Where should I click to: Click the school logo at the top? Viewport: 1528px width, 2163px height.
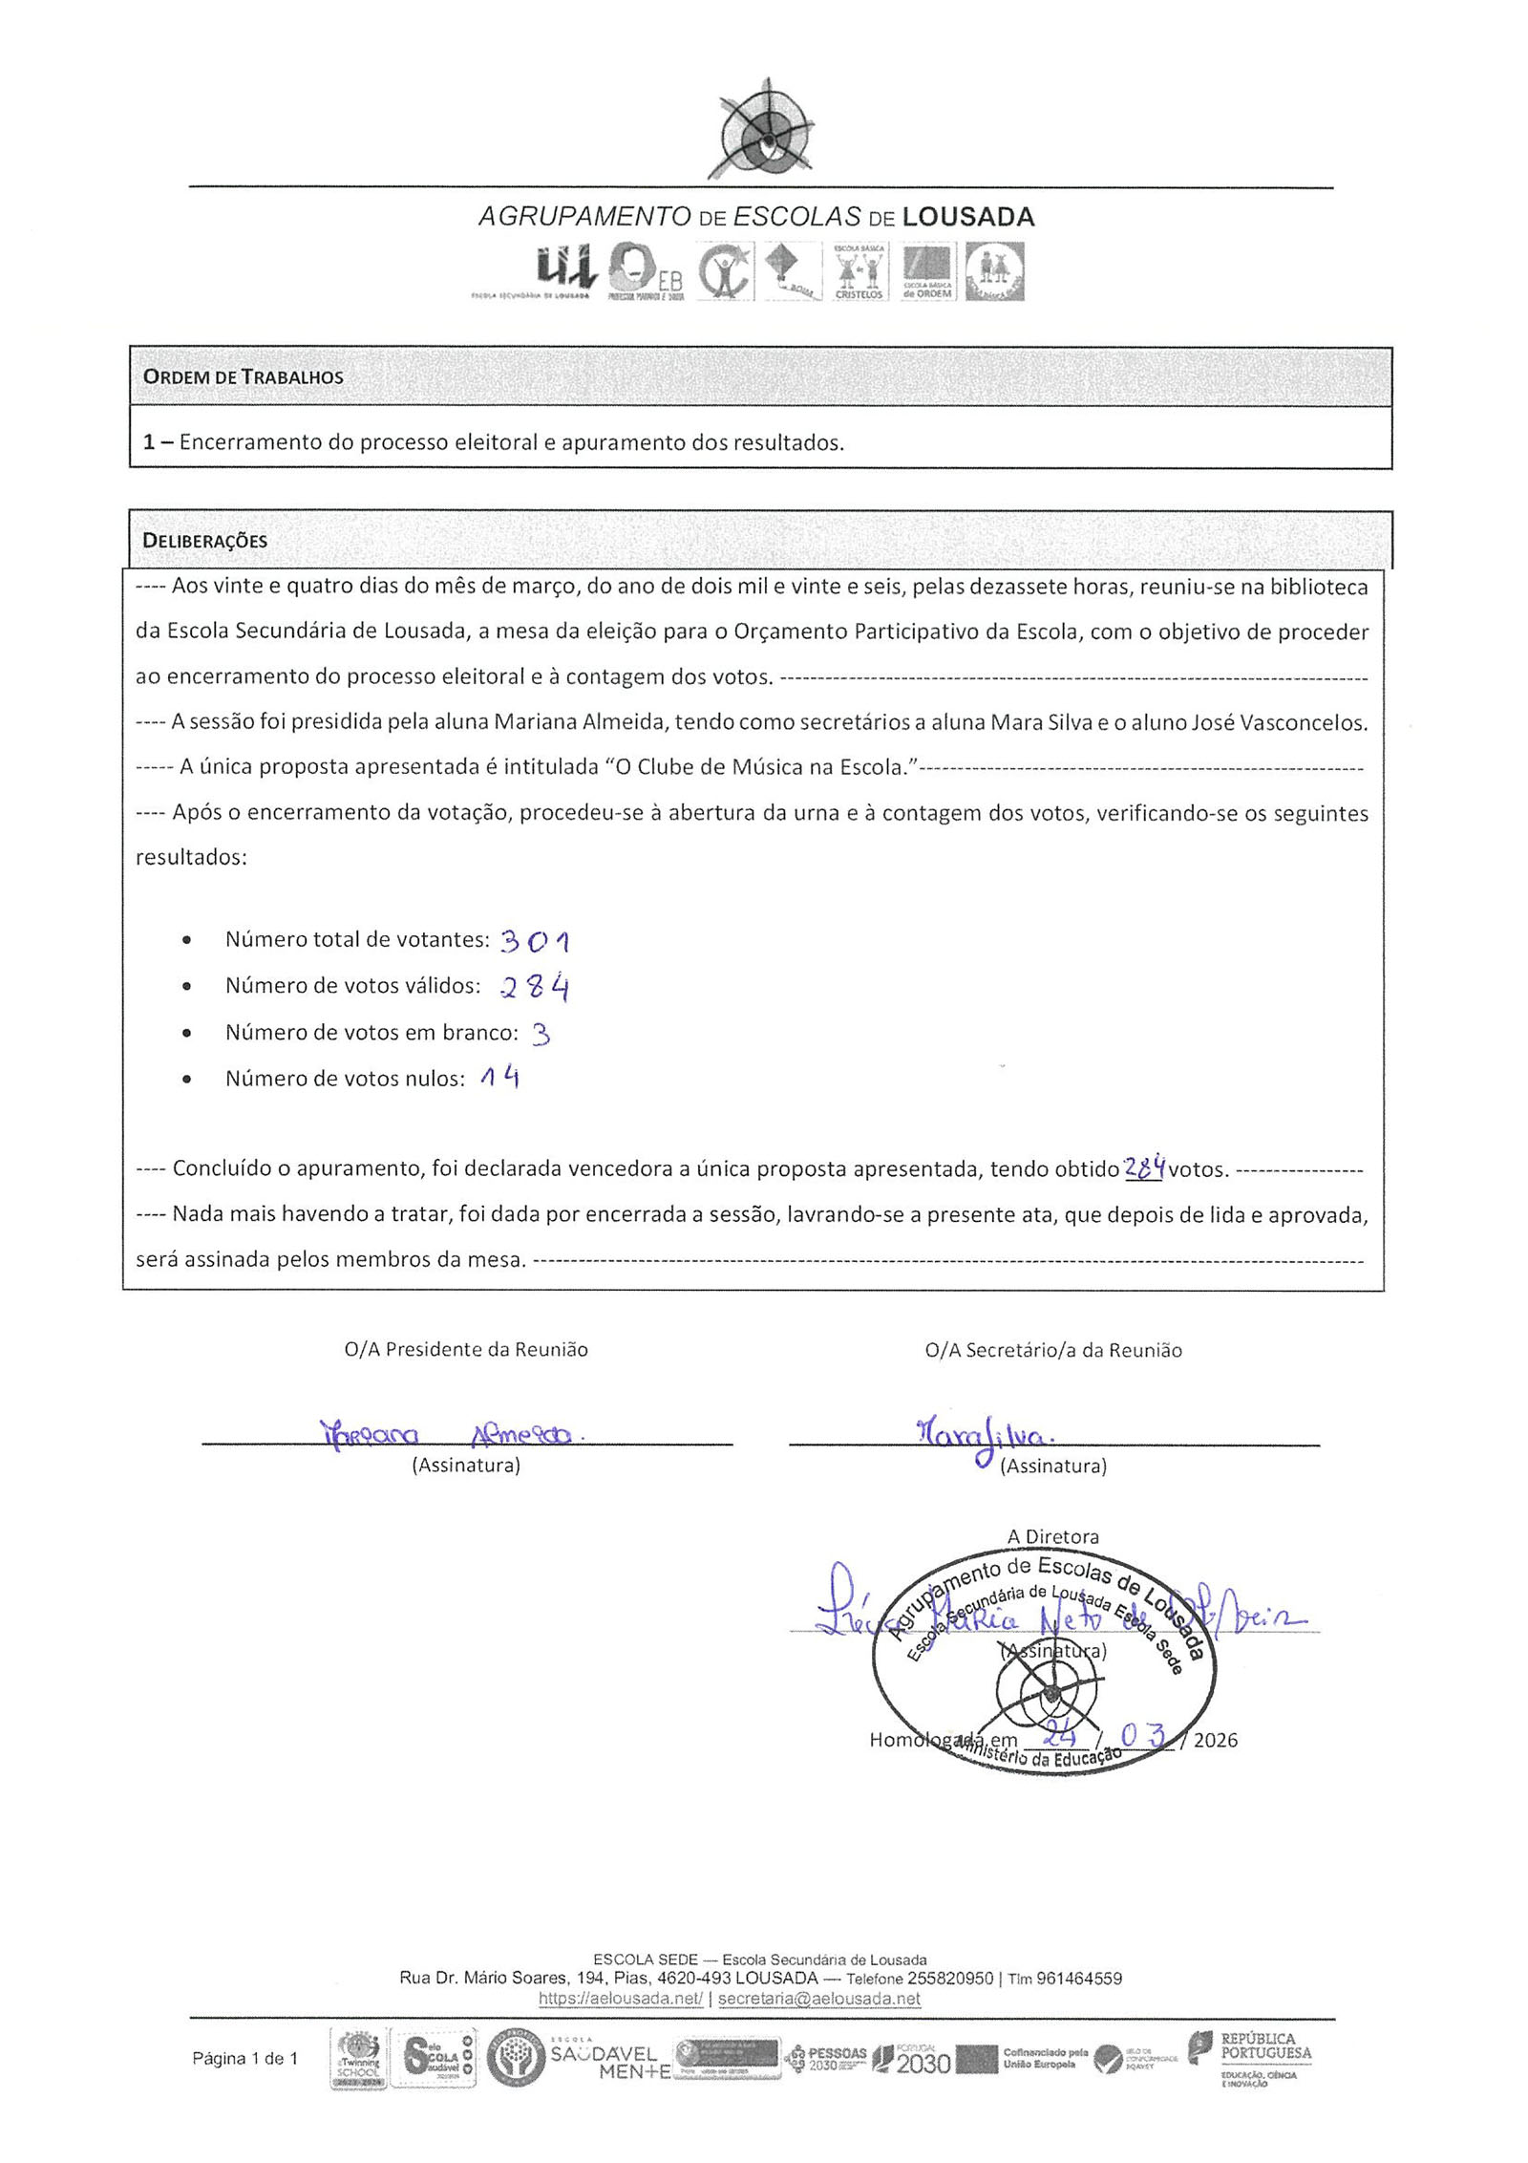(x=761, y=130)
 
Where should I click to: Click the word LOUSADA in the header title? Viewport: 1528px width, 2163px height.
(x=967, y=217)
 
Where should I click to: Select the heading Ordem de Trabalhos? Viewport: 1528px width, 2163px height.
(x=243, y=376)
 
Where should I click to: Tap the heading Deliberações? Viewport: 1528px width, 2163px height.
(x=204, y=541)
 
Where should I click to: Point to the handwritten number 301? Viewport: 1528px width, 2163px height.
(x=535, y=941)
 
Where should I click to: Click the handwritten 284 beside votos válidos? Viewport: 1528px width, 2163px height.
(x=535, y=987)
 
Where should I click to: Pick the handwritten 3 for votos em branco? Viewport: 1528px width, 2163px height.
(x=541, y=1034)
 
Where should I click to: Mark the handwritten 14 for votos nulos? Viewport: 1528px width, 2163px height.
(x=500, y=1079)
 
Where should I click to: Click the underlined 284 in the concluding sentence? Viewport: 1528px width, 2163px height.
(x=1144, y=1167)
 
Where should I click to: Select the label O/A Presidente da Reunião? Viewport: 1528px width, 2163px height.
(x=466, y=1349)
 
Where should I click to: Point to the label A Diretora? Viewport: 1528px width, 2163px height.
(x=1052, y=1536)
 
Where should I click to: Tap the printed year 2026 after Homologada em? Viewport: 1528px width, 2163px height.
(x=1215, y=1740)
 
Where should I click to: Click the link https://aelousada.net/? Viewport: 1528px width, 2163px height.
(x=621, y=1998)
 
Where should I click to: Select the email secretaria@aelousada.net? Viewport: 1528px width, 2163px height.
(x=818, y=1998)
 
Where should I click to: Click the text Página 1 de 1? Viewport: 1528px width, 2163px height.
(x=245, y=2058)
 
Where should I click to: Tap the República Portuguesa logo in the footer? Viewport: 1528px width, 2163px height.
(x=1249, y=2058)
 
